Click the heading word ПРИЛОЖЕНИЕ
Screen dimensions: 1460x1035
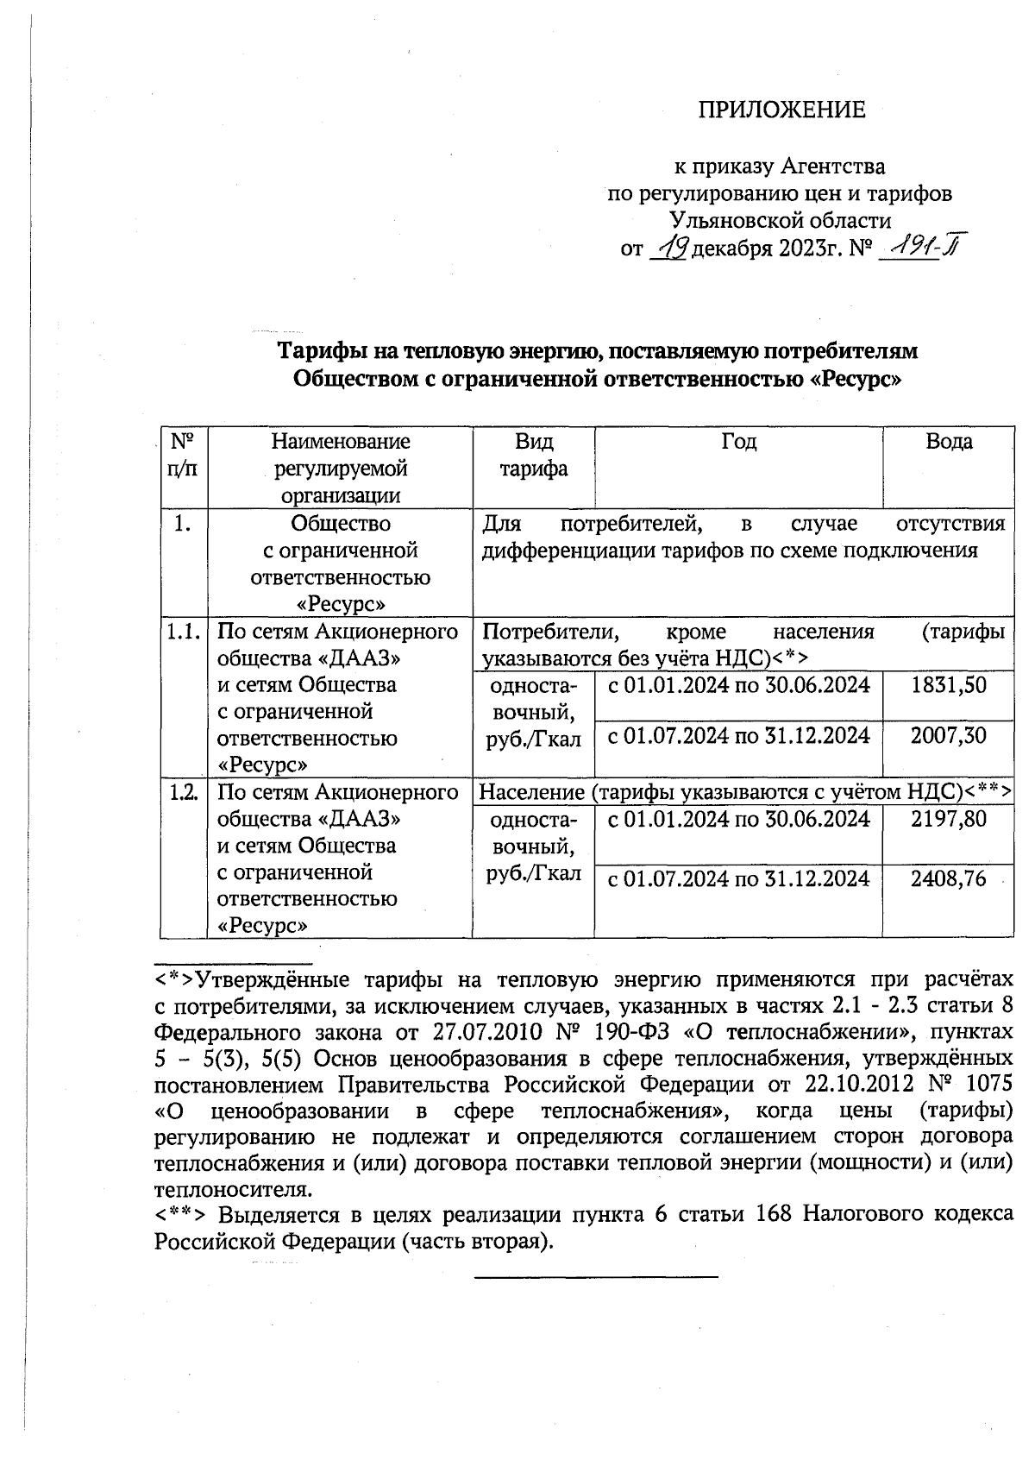tap(781, 110)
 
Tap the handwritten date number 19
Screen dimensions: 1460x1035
tap(669, 249)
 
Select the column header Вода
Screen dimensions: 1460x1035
tap(948, 442)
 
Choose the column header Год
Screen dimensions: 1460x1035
tap(738, 442)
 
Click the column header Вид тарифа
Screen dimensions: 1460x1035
tap(534, 456)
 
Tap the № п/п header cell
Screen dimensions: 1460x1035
tap(183, 456)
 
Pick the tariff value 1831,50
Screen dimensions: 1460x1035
tap(948, 685)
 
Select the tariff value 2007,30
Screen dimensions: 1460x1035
tap(948, 736)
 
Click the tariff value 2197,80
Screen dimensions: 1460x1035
tap(948, 818)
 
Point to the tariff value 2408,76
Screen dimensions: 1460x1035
tap(948, 878)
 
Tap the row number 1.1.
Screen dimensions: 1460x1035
tap(183, 632)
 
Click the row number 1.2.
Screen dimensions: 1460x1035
tap(183, 792)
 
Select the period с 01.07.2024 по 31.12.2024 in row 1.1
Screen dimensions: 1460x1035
tap(738, 736)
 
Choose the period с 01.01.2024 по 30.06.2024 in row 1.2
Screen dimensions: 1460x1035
tap(738, 818)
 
